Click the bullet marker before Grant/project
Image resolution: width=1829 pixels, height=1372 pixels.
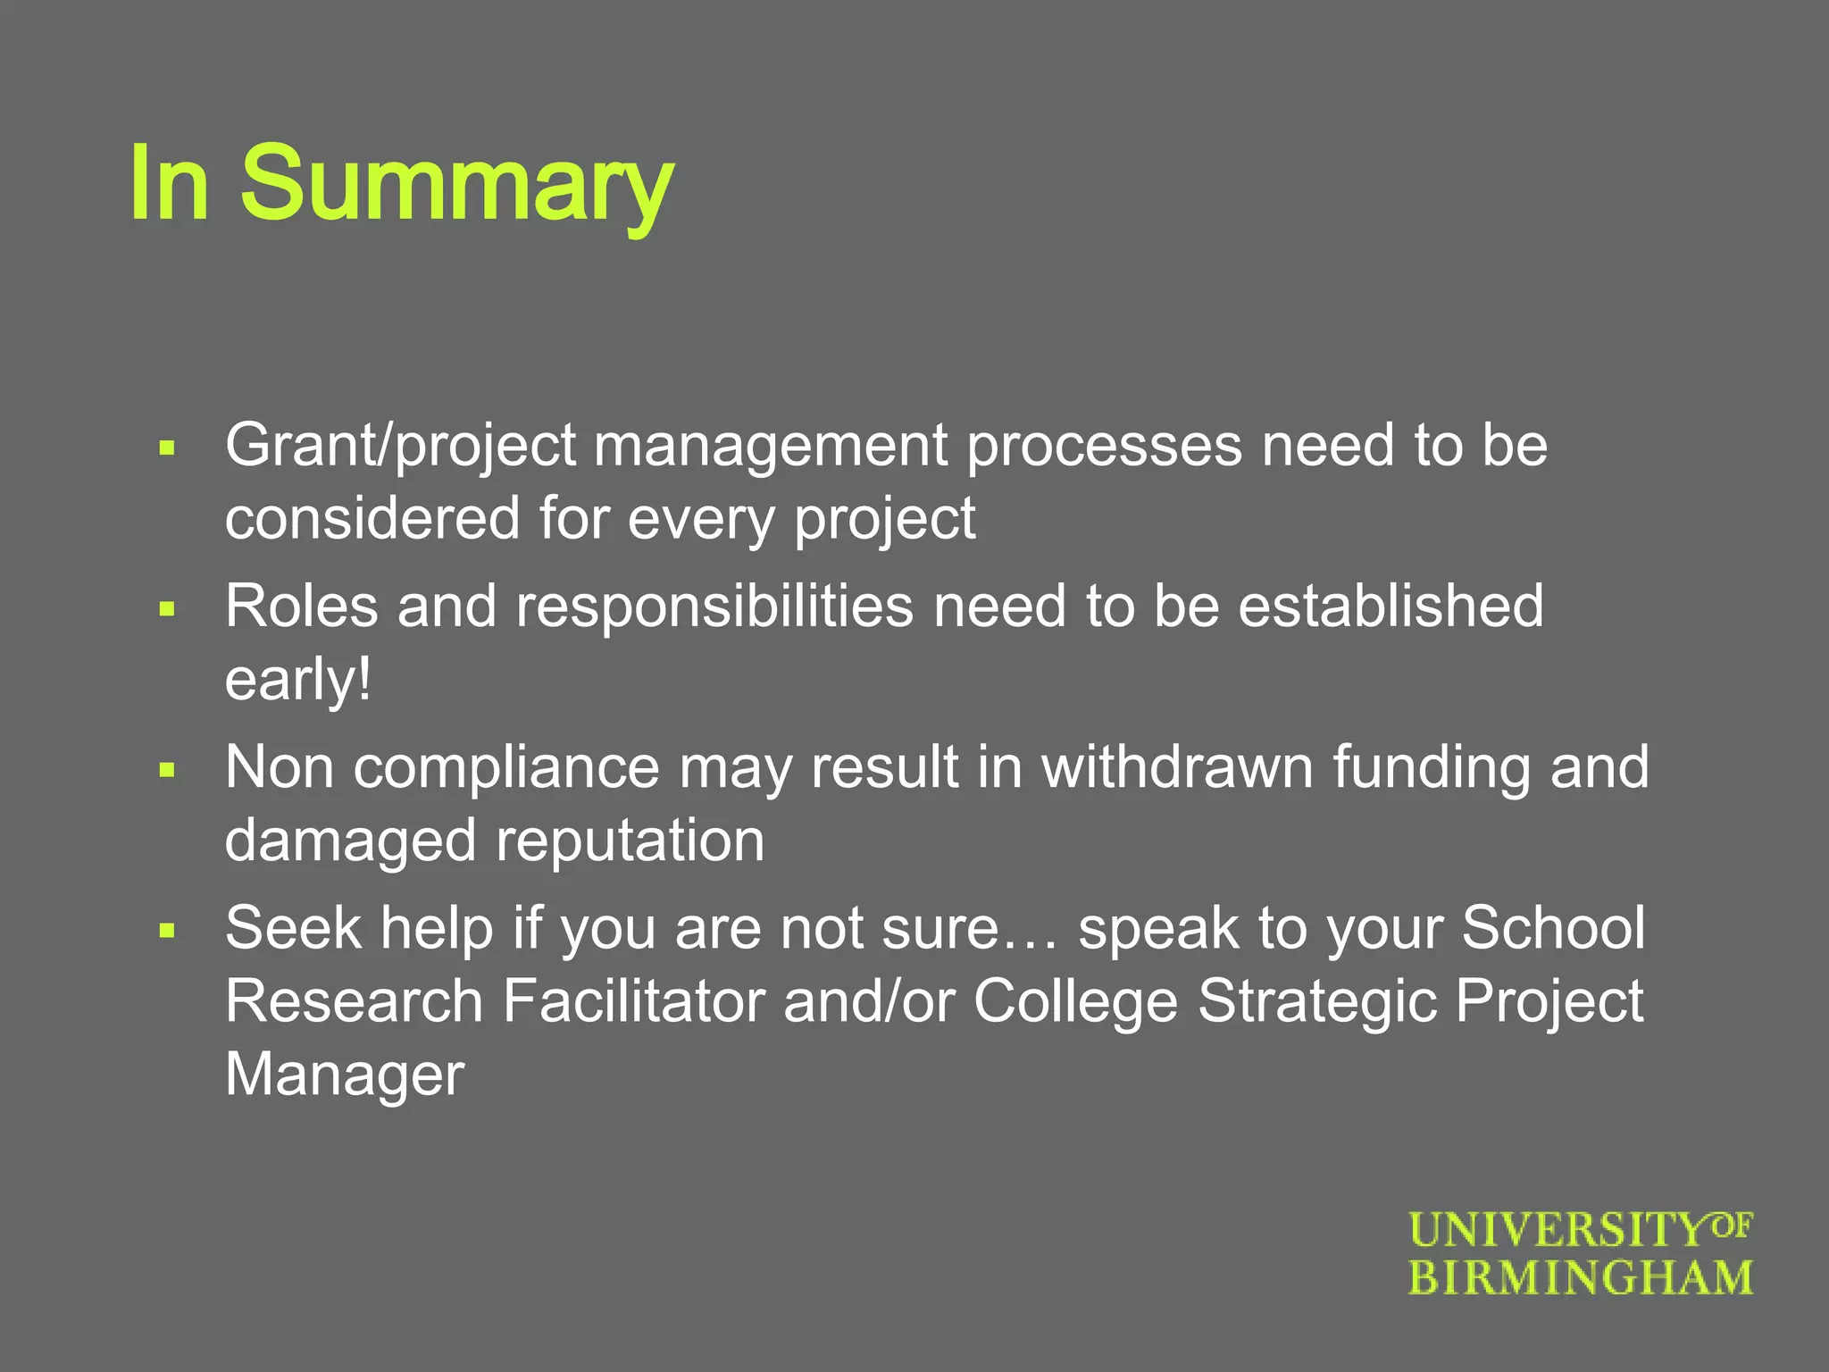tap(166, 448)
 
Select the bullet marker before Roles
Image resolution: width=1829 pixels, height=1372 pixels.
tap(166, 609)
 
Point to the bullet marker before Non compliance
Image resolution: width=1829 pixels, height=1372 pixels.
tap(166, 770)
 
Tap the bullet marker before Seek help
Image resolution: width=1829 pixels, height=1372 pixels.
tap(166, 931)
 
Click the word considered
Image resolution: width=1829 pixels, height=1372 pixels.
tap(372, 518)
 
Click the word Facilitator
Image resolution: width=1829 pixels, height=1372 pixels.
tap(633, 1001)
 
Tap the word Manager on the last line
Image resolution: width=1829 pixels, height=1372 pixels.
tap(344, 1075)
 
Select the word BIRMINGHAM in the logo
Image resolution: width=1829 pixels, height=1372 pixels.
tap(1581, 1278)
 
